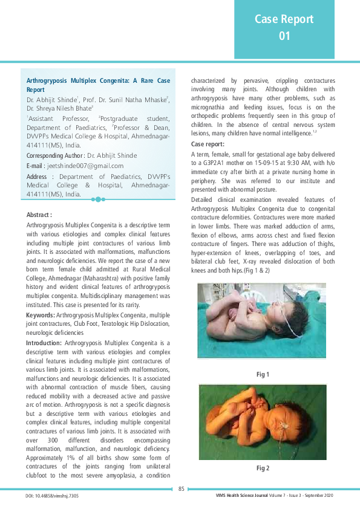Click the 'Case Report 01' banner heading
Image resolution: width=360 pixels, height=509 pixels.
[284, 27]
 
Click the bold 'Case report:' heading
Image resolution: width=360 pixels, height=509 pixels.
[208, 144]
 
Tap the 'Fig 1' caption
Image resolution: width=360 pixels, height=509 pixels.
[263, 375]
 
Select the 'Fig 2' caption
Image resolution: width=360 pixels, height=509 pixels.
[263, 468]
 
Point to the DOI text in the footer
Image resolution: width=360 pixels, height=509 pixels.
[53, 496]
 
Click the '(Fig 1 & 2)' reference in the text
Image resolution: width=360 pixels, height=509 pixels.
[254, 269]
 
